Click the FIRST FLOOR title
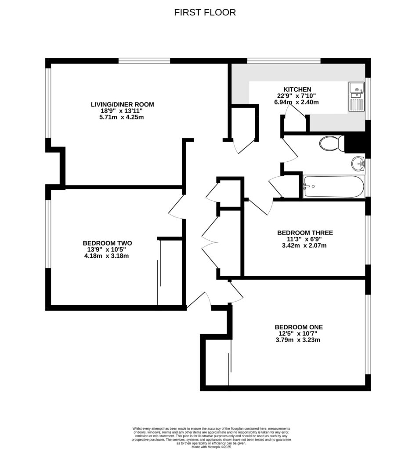(x=205, y=12)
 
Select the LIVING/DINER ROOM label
(x=122, y=104)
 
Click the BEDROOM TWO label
(x=107, y=243)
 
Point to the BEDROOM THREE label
(x=304, y=232)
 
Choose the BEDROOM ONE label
(x=298, y=327)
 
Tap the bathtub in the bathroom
(x=333, y=186)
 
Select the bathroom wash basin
(x=358, y=164)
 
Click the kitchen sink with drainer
(x=356, y=96)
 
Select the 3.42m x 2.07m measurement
(x=304, y=246)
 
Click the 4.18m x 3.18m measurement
(x=107, y=256)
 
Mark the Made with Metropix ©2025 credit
(x=211, y=447)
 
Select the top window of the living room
(x=144, y=61)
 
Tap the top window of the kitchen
(x=284, y=61)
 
